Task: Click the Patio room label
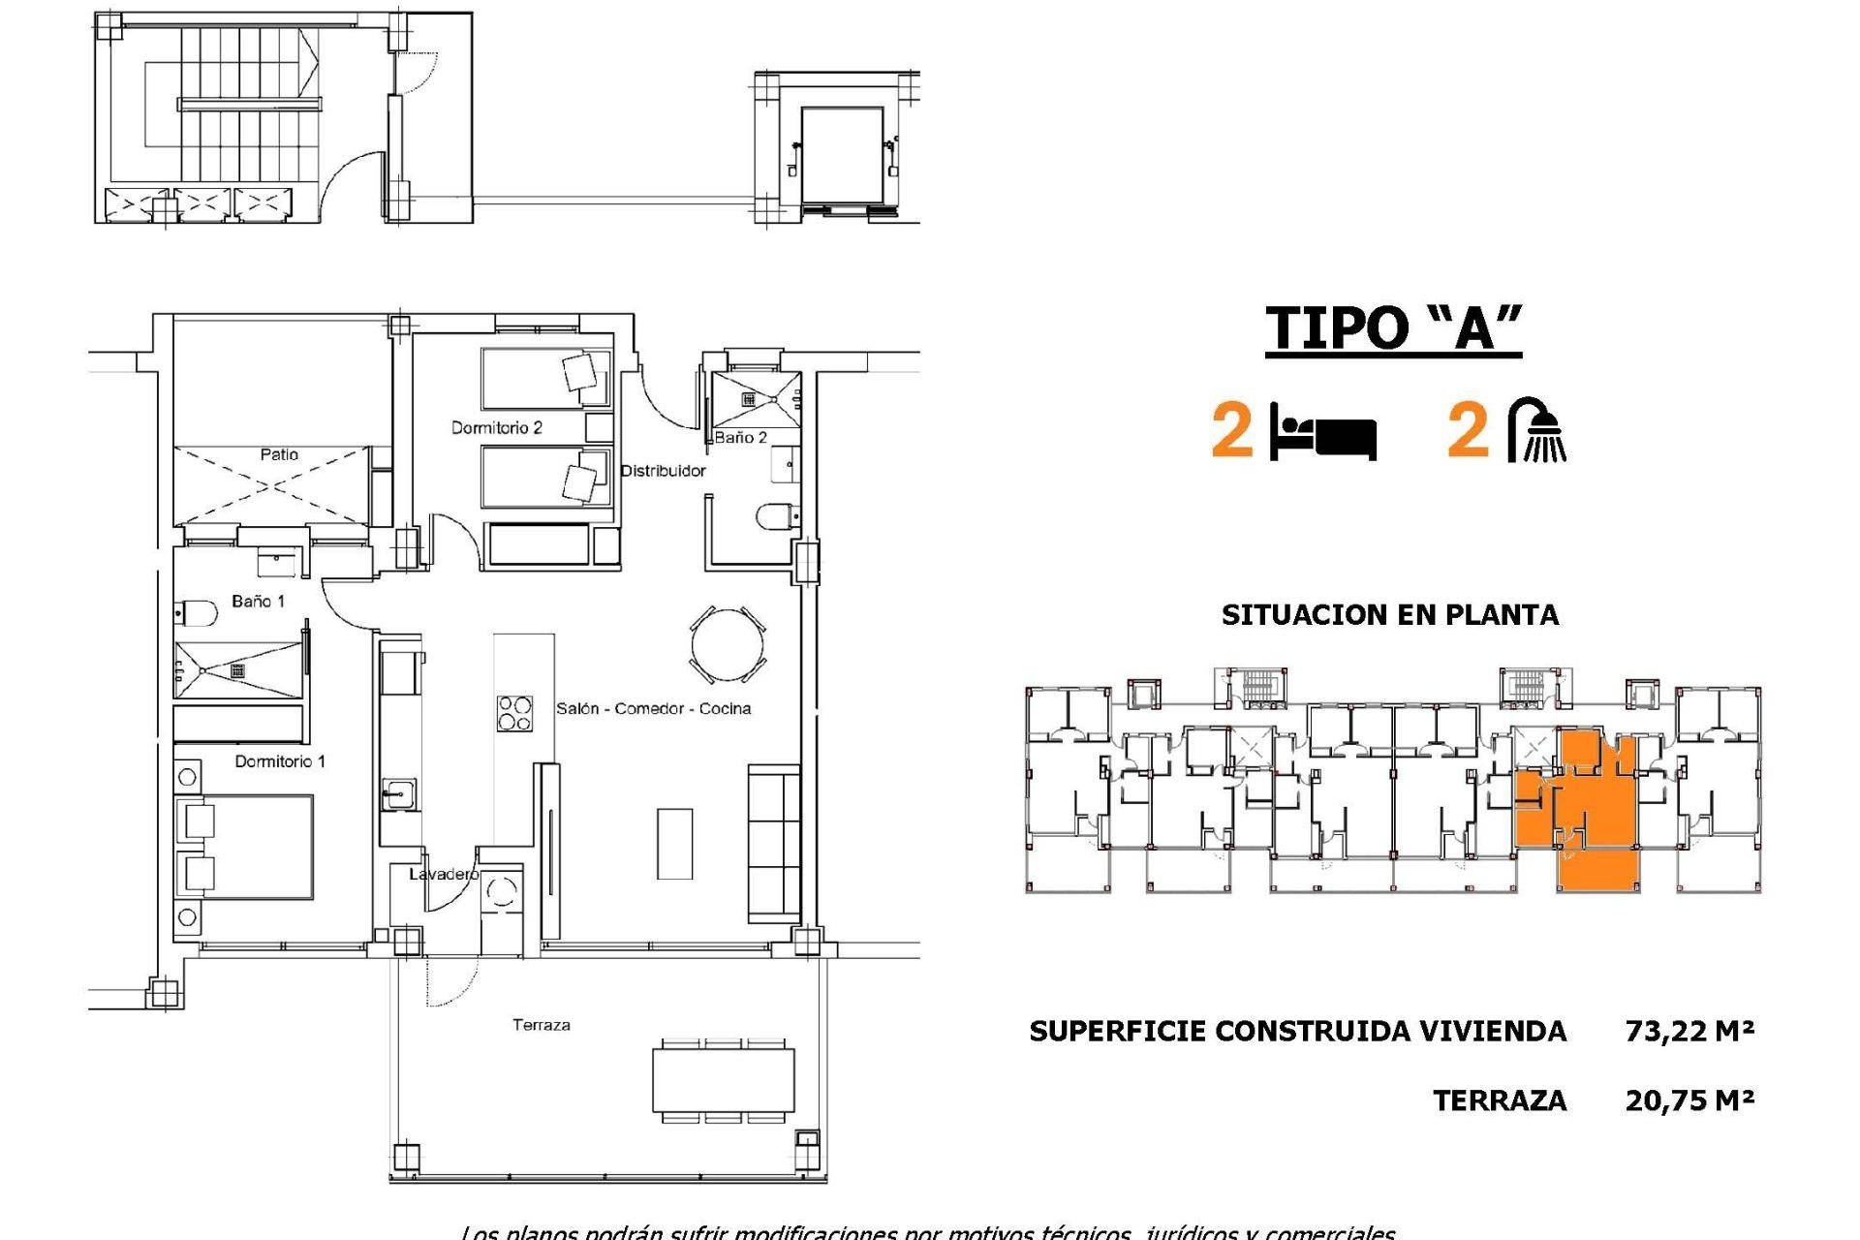[279, 454]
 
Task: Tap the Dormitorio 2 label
[496, 427]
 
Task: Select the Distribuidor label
[663, 471]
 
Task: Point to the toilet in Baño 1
[197, 612]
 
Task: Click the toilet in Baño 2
[775, 516]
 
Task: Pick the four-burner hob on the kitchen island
[513, 713]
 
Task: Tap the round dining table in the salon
[728, 644]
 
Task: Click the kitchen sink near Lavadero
[397, 794]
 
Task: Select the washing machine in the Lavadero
[501, 892]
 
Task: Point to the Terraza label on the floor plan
[541, 1024]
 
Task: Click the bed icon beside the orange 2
[1322, 432]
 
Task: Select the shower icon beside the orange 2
[1538, 429]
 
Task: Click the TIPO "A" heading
[1393, 327]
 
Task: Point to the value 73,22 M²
[1689, 1031]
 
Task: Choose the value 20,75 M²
[1689, 1100]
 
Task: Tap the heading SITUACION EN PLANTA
[1390, 615]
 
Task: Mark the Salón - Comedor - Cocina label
[653, 708]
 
